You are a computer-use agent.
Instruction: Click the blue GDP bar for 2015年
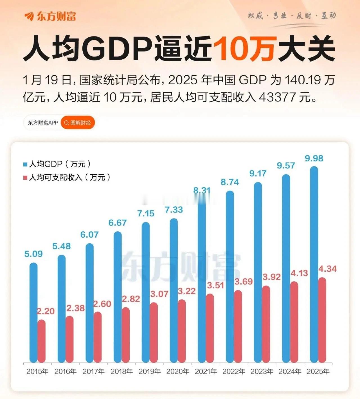(33, 312)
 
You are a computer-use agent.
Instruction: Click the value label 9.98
(314, 159)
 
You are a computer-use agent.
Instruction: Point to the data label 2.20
(46, 311)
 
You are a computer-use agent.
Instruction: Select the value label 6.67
(118, 223)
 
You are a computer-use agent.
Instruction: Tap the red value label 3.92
(271, 277)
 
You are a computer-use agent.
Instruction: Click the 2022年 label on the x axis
(234, 371)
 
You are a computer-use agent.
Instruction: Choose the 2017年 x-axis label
(94, 371)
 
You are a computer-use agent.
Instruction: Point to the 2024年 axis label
(290, 371)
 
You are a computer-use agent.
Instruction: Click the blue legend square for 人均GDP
(25, 164)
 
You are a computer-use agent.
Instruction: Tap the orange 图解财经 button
(78, 123)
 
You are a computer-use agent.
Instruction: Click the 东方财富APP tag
(43, 123)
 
